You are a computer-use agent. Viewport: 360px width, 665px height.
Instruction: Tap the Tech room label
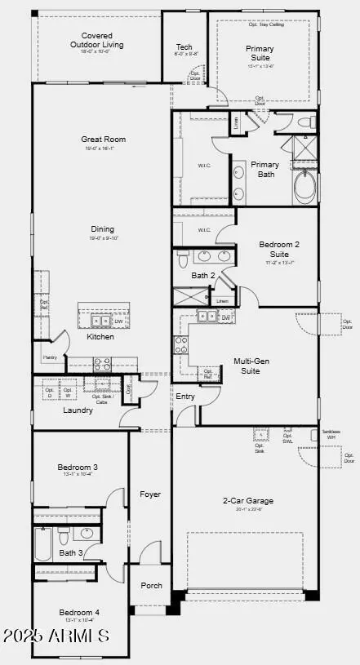(x=184, y=47)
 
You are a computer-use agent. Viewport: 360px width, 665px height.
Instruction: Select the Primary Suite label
(x=260, y=54)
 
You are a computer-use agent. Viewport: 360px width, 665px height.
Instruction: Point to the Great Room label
(x=103, y=140)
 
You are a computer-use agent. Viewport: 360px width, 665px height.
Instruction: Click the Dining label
(x=103, y=229)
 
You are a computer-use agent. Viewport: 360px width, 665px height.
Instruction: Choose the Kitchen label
(x=100, y=336)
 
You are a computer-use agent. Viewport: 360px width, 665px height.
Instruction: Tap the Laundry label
(x=78, y=410)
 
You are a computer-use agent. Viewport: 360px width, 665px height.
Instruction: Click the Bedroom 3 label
(x=78, y=468)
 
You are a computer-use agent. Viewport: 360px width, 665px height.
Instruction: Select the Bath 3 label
(x=71, y=552)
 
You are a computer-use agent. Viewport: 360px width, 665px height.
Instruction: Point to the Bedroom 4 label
(x=79, y=612)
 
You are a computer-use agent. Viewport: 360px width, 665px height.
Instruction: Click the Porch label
(x=151, y=585)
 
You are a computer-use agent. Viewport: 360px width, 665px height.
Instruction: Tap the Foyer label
(x=150, y=494)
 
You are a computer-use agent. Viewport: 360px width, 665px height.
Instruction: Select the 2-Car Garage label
(x=248, y=500)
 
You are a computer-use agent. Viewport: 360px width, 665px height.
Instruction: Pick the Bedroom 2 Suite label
(x=279, y=249)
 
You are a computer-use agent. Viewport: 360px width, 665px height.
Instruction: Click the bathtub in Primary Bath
(x=304, y=188)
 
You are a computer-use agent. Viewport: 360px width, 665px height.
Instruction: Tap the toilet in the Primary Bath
(x=306, y=123)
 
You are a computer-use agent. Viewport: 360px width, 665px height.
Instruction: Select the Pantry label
(x=49, y=357)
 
